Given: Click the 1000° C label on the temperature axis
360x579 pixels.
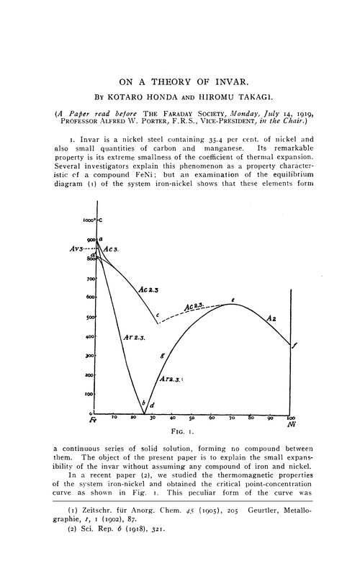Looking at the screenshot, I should coord(89,219).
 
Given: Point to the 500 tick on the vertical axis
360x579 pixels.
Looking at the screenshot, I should coord(89,317).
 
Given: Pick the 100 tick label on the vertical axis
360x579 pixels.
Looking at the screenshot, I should coord(89,395).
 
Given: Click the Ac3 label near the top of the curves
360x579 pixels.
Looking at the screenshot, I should coord(111,249).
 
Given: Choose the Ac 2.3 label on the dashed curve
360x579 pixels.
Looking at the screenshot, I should coord(196,308).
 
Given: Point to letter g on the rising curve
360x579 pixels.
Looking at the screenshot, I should coord(163,356).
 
